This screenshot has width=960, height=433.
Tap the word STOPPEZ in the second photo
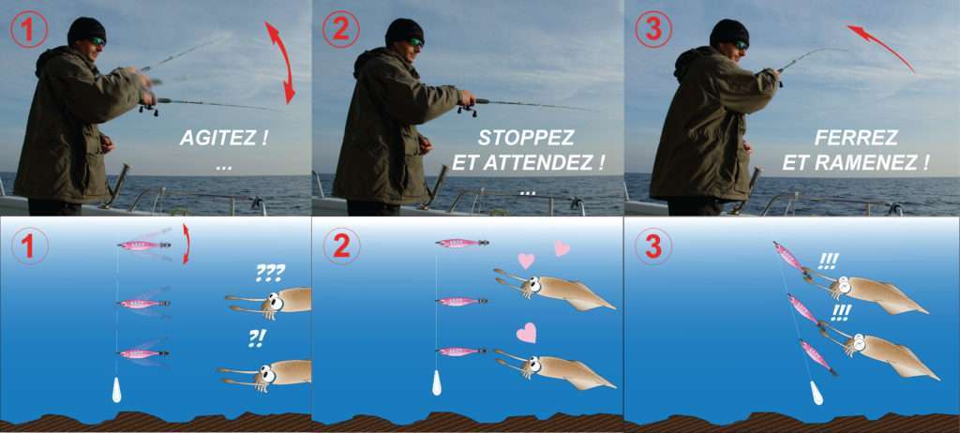point(526,138)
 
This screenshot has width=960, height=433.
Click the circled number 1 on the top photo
point(28,30)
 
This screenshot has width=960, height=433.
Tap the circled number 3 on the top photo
point(653,31)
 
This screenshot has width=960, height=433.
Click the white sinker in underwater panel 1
point(116,390)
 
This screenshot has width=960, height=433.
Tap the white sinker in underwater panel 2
point(437,383)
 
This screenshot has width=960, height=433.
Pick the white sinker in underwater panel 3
point(817,394)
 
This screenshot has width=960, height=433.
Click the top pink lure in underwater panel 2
point(461,243)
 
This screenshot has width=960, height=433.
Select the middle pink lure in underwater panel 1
point(143,303)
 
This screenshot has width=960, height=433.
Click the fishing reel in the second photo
point(467,108)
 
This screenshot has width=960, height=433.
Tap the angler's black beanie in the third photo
point(729,31)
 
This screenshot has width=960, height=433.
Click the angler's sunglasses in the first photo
point(97,41)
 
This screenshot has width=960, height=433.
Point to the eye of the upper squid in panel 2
point(533,283)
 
